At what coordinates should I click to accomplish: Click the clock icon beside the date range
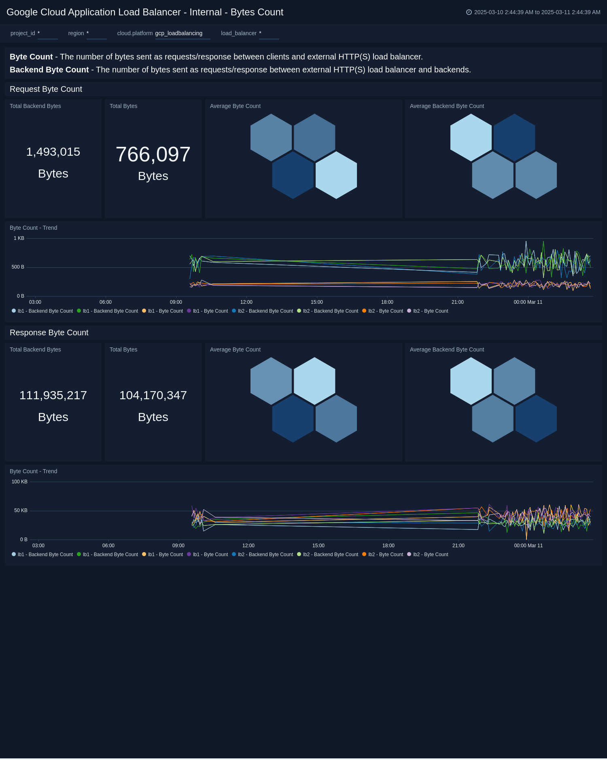point(469,12)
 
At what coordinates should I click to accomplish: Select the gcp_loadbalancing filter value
point(179,33)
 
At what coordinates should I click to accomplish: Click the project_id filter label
point(23,33)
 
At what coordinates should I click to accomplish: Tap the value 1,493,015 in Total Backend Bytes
point(53,152)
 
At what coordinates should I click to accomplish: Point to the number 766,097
point(153,155)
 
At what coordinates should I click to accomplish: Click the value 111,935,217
point(53,395)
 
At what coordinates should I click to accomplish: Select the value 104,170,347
point(153,395)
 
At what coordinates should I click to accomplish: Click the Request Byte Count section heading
point(46,89)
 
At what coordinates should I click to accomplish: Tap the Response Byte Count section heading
point(49,332)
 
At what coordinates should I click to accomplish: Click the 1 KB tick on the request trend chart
point(19,238)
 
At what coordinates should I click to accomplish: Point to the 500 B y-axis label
point(18,267)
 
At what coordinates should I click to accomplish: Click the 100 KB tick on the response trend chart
point(19,482)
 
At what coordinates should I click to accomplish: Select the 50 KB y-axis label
point(21,510)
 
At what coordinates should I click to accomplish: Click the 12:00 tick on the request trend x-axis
point(246,302)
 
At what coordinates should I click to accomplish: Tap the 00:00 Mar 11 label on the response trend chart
point(528,546)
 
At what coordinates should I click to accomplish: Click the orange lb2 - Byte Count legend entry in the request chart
point(385,311)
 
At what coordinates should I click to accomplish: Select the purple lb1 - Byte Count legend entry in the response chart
point(210,555)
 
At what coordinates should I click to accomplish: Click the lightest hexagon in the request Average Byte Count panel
point(336,175)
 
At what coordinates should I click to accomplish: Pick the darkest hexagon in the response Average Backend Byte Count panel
point(536,419)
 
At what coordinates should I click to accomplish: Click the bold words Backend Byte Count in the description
point(49,70)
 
